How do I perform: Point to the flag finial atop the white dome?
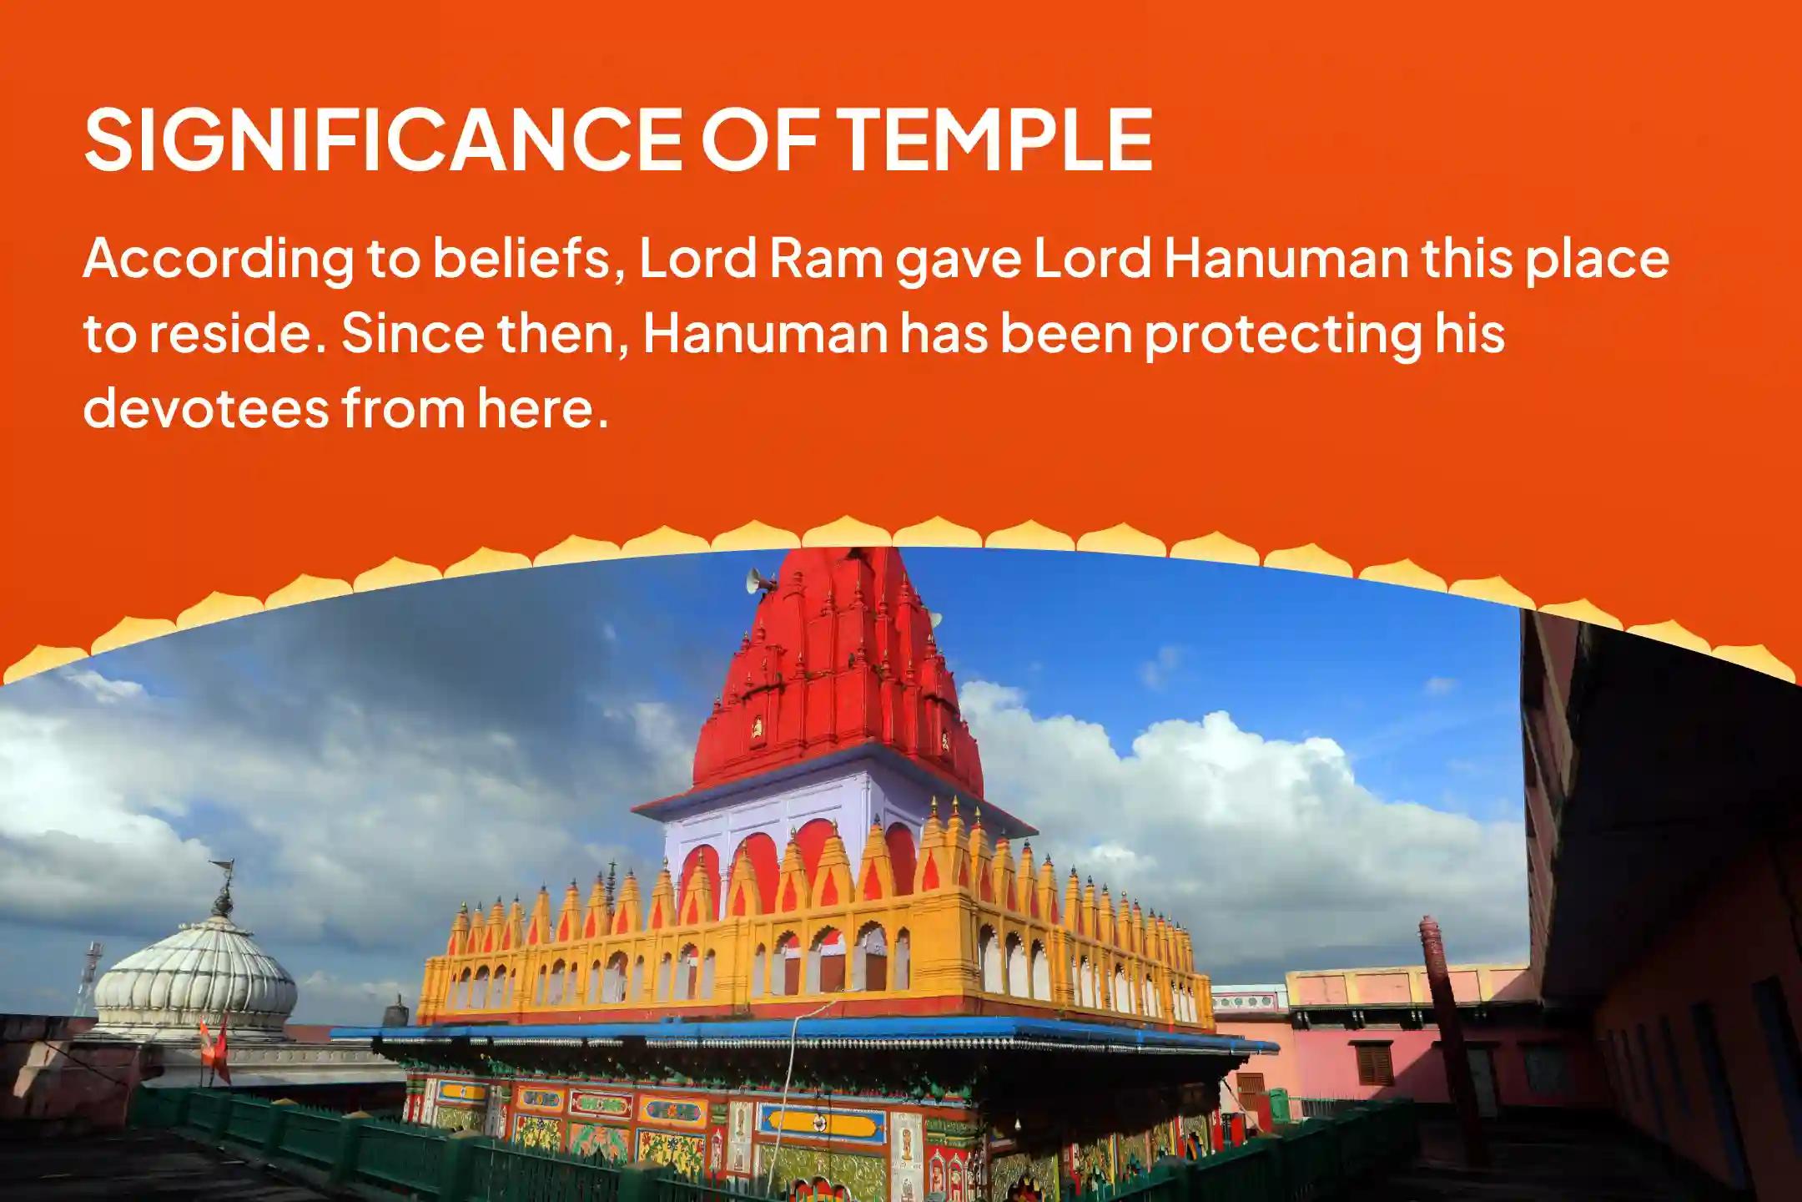(x=222, y=885)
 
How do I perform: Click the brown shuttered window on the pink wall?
(x=1373, y=1063)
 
